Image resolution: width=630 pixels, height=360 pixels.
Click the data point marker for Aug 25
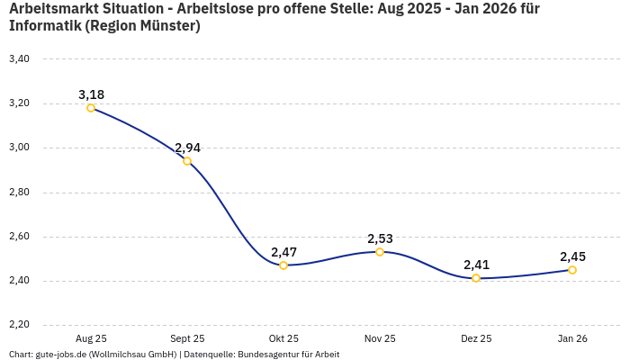point(91,108)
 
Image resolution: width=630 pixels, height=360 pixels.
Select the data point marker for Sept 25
point(187,161)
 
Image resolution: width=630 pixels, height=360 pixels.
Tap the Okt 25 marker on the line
point(283,265)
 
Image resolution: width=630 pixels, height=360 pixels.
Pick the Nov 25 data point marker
point(380,252)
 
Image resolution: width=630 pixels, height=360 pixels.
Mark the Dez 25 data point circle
point(476,278)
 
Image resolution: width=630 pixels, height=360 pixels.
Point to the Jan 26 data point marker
point(572,270)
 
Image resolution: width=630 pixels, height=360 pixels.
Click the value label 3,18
point(91,94)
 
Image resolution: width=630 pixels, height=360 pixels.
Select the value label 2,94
point(187,148)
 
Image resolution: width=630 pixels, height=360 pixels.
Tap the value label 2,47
point(283,252)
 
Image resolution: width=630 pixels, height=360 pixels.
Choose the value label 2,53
point(380,238)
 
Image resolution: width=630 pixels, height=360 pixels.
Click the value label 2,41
point(476,265)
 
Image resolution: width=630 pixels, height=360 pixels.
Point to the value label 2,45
point(572,256)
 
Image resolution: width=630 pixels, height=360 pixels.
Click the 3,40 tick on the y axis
point(19,59)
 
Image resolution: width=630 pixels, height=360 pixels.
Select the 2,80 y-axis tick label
point(19,193)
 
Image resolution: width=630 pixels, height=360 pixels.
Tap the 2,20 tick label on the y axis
point(19,325)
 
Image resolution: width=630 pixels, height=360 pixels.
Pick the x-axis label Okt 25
point(283,338)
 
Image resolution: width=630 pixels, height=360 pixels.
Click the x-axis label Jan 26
point(572,338)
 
